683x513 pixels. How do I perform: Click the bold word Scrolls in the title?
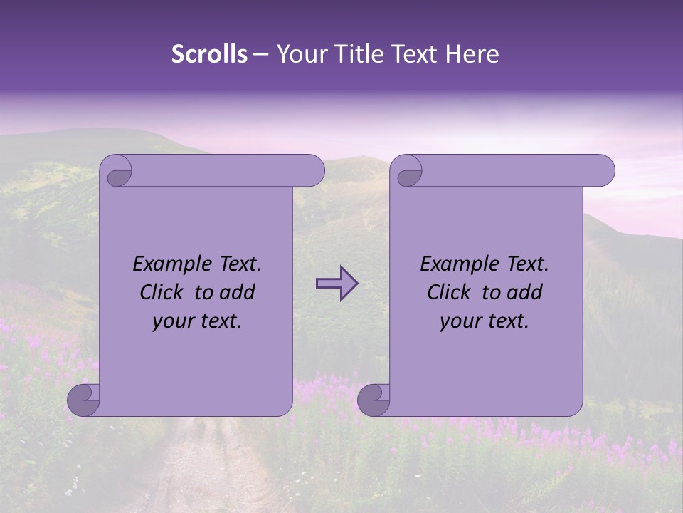point(209,54)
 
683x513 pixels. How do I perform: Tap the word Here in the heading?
point(472,54)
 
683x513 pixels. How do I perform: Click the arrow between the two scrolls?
point(337,284)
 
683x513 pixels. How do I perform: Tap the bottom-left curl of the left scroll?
point(83,400)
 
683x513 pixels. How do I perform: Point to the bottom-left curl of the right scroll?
point(374,400)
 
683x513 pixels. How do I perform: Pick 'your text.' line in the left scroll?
point(197,321)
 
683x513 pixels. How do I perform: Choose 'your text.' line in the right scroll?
point(485,321)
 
